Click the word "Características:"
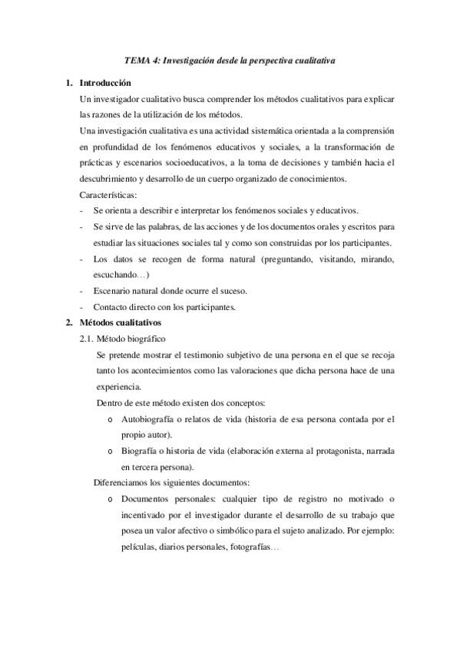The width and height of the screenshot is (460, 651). (108, 195)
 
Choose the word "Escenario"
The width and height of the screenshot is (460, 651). (113, 290)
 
